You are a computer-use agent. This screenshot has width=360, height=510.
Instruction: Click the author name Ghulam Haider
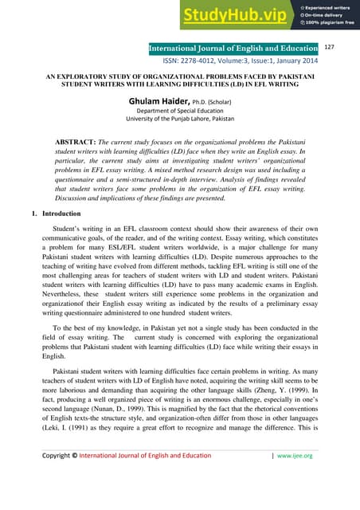tap(164, 100)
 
